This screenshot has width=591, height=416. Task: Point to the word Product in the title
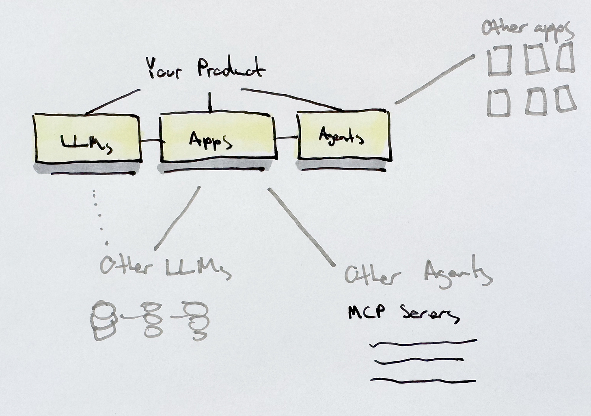point(231,68)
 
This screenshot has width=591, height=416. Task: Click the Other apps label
point(527,28)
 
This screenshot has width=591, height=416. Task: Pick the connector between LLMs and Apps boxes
point(151,141)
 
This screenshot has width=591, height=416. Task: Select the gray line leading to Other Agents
point(301,227)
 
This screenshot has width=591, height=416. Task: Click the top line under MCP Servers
point(423,343)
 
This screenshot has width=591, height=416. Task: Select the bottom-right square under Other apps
point(565,99)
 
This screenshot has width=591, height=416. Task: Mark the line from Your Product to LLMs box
point(113,101)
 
